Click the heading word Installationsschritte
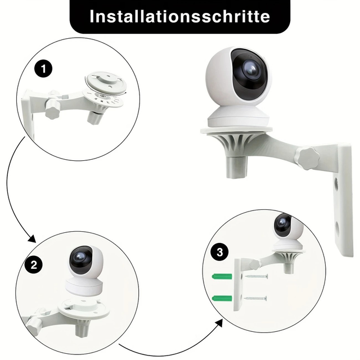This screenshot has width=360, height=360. [180, 16]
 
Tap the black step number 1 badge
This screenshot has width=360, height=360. [43, 69]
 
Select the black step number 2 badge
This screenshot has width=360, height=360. [34, 265]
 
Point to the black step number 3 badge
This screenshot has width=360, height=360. [220, 252]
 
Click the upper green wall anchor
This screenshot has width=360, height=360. [222, 276]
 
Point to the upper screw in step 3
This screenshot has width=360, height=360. [256, 276]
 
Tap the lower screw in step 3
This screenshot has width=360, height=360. [255, 299]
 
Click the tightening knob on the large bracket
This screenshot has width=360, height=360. [308, 158]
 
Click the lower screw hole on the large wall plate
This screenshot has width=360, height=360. [337, 228]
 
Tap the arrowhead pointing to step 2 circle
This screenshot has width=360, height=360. [32, 238]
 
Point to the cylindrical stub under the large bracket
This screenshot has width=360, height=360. [237, 166]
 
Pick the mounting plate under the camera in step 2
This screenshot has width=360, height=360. [84, 309]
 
